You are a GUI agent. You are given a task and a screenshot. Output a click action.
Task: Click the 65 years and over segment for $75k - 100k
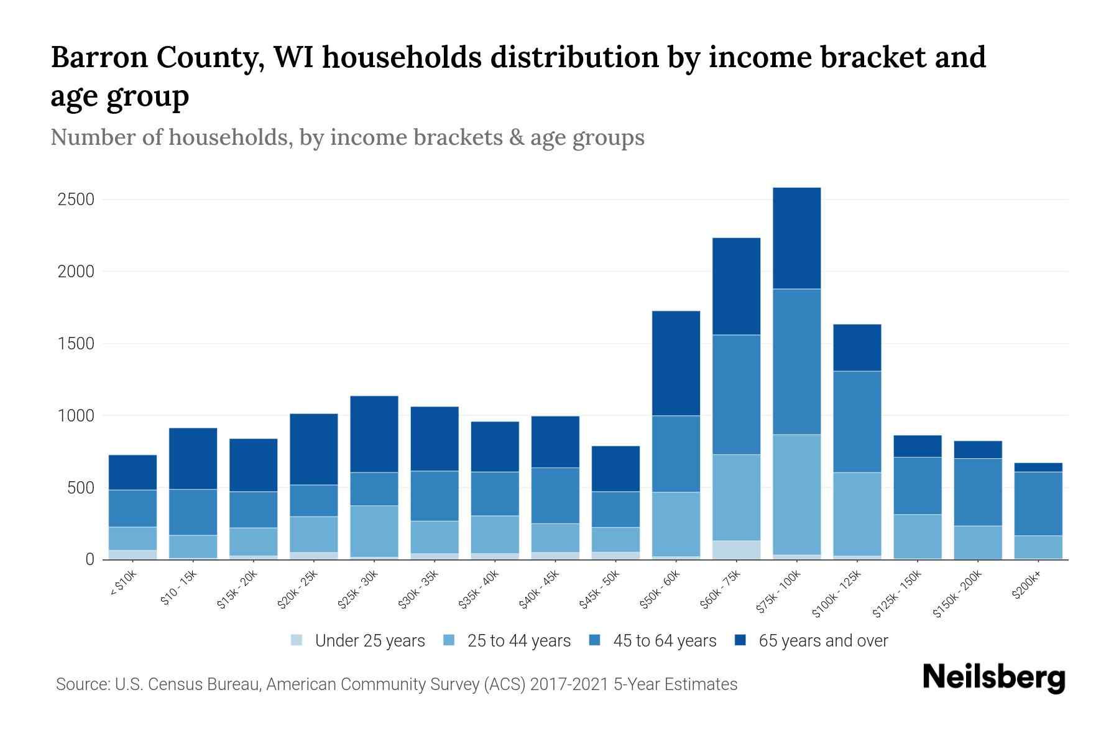coord(796,238)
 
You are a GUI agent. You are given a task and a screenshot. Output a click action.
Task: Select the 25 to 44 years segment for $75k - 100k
coord(796,494)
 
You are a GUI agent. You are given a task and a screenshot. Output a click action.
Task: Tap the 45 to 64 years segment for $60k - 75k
coord(736,395)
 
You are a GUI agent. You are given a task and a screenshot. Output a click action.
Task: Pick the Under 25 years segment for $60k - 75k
coord(736,550)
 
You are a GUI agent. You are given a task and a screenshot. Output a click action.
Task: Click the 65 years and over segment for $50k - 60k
coord(676,363)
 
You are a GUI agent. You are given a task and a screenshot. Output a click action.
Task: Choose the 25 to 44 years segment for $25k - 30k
coord(374,531)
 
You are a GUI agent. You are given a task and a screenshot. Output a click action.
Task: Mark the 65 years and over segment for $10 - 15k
coord(193,459)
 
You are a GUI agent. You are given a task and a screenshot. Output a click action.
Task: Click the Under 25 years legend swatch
coord(297,640)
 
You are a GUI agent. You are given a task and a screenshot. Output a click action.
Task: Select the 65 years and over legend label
coord(823,641)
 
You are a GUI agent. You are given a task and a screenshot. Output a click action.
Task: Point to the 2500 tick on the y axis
coord(75,200)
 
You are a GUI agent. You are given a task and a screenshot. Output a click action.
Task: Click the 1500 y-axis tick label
coord(75,344)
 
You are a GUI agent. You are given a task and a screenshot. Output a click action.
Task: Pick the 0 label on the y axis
coord(90,559)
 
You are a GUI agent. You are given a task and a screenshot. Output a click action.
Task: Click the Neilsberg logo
coord(993,677)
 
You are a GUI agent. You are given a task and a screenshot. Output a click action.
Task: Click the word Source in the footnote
coord(81,684)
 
